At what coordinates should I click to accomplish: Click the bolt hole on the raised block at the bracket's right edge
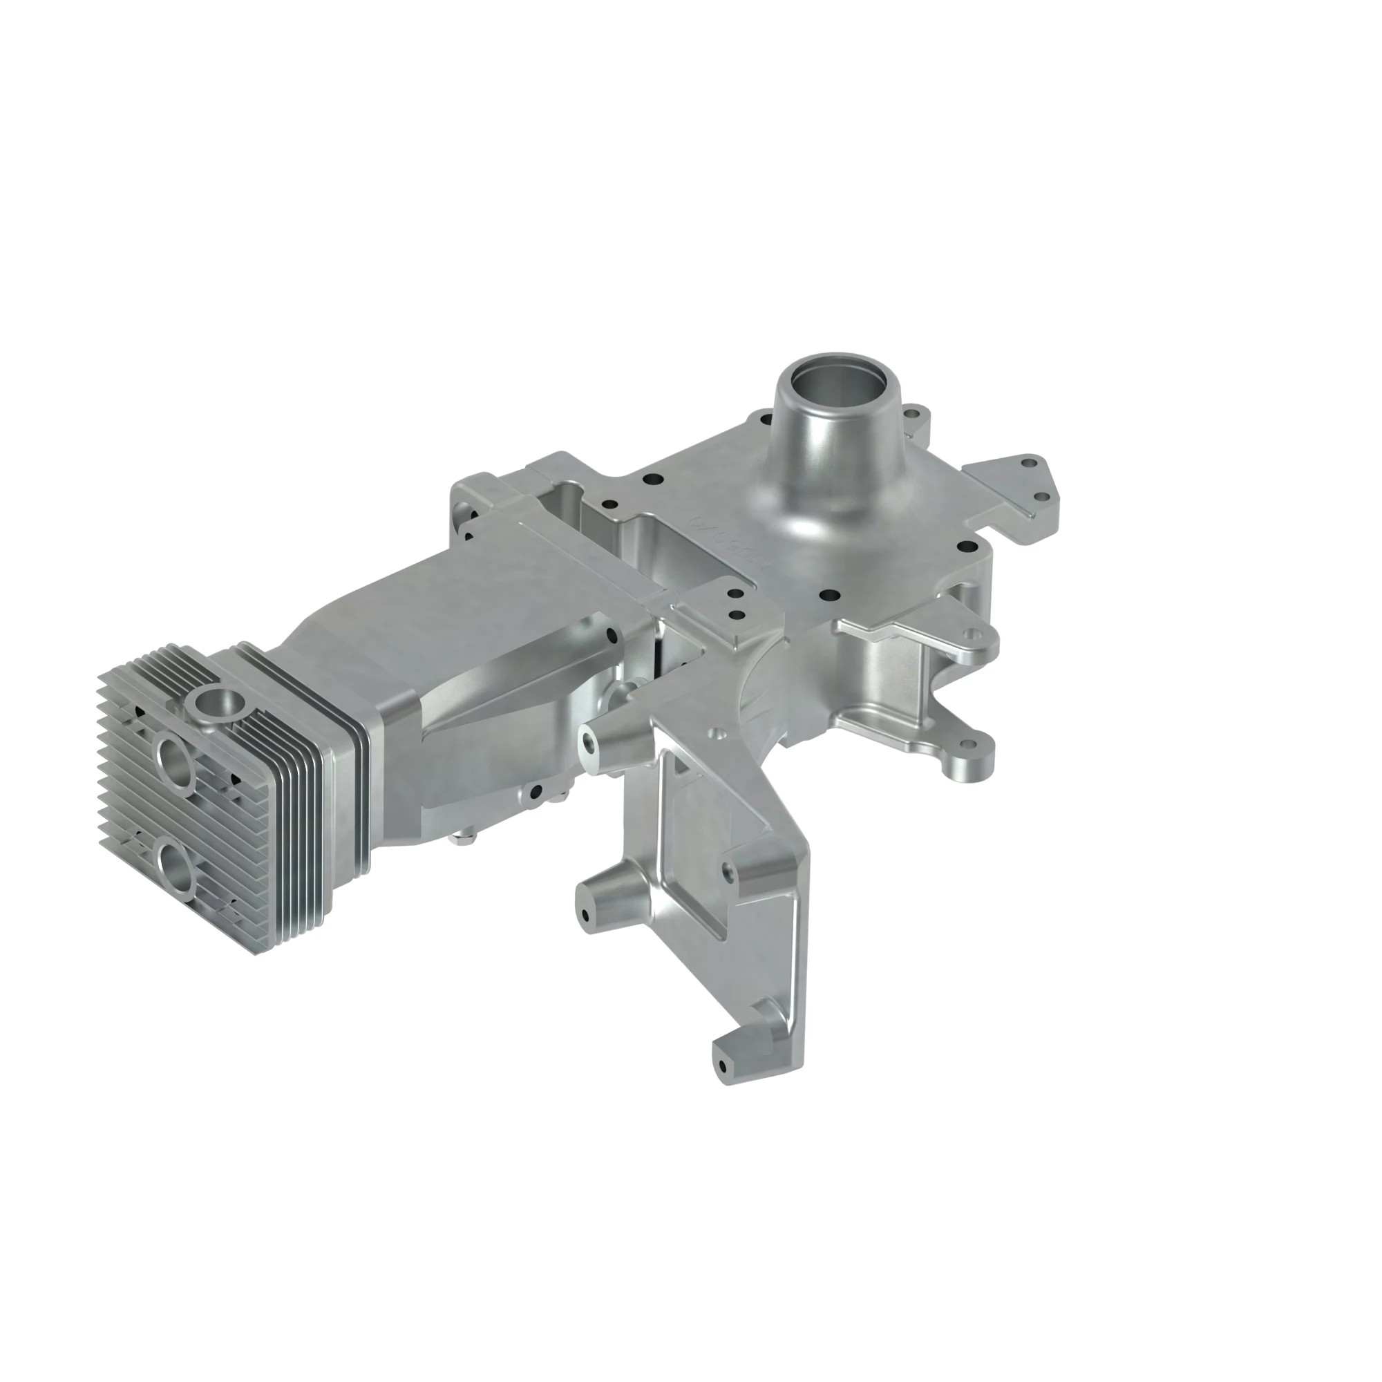point(728,872)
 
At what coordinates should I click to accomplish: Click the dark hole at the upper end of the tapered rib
point(609,634)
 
